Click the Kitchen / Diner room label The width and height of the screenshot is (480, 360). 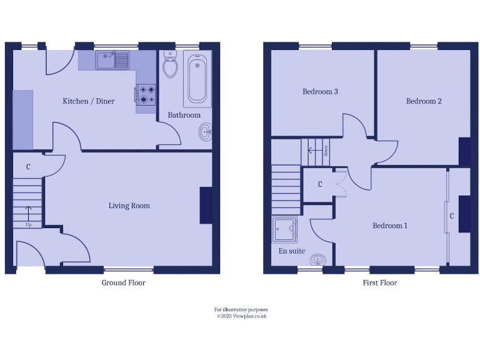pyautogui.click(x=88, y=101)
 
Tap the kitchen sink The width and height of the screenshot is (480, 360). pyautogui.click(x=112, y=61)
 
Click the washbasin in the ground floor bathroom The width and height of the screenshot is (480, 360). pyautogui.click(x=206, y=131)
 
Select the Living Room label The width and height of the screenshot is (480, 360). pyautogui.click(x=129, y=206)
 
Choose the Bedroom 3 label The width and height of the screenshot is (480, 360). pyautogui.click(x=320, y=92)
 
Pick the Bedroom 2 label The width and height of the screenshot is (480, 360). pyautogui.click(x=424, y=101)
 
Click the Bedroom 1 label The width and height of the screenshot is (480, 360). pyautogui.click(x=390, y=226)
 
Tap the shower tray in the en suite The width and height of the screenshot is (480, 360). pyautogui.click(x=284, y=230)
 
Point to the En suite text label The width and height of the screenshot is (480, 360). pyautogui.click(x=292, y=251)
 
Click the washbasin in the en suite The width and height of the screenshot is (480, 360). pyautogui.click(x=318, y=258)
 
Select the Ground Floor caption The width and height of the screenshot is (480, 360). pyautogui.click(x=124, y=283)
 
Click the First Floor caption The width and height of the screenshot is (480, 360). pyautogui.click(x=380, y=283)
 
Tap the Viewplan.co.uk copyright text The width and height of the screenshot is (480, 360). pyautogui.click(x=241, y=316)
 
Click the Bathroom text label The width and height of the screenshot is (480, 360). pyautogui.click(x=184, y=115)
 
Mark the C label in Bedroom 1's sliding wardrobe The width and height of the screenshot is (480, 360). pyautogui.click(x=452, y=216)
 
